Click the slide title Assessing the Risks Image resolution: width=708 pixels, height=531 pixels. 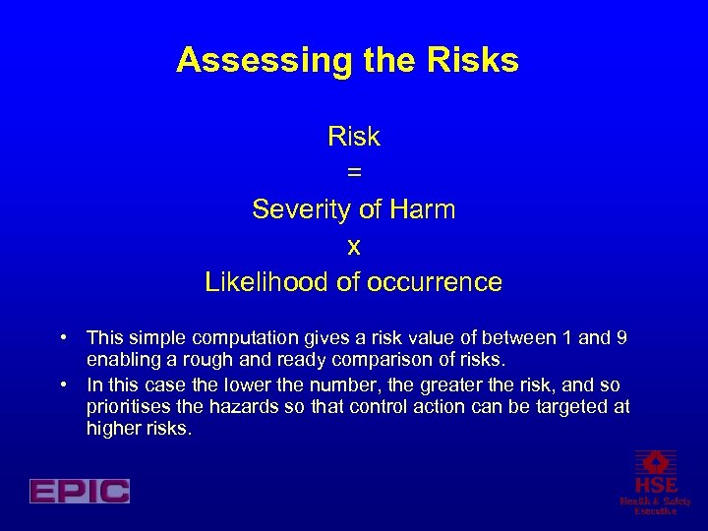[x=347, y=61]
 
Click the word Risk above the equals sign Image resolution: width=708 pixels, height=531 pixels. [x=354, y=137]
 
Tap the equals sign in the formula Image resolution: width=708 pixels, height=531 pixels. [x=354, y=173]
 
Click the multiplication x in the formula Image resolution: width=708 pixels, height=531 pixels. [x=354, y=246]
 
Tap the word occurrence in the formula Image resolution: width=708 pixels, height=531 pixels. [x=434, y=282]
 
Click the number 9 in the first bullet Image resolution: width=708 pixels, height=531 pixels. [x=620, y=339]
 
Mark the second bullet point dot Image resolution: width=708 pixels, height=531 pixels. [x=62, y=383]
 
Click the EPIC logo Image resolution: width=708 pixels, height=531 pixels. [x=79, y=491]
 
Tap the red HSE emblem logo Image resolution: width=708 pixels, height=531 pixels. [x=655, y=471]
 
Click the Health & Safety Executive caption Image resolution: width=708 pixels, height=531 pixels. [x=655, y=505]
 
